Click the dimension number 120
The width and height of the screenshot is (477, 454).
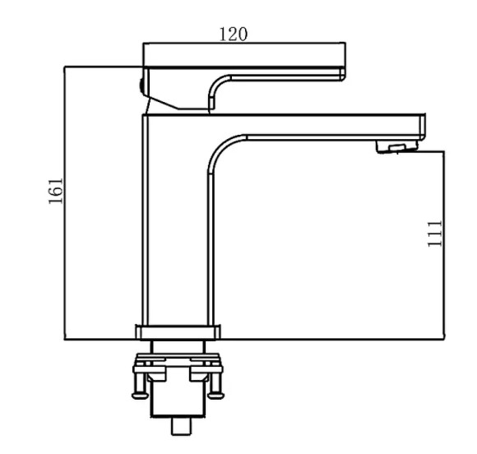[x=234, y=34]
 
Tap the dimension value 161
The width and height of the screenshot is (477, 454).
[x=56, y=191]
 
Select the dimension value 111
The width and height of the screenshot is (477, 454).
[x=435, y=234]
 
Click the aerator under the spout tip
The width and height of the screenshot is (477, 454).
[x=396, y=146]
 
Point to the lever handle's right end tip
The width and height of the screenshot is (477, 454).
[x=344, y=74]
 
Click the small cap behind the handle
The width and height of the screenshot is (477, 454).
[x=141, y=86]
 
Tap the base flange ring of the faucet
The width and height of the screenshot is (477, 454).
[x=178, y=332]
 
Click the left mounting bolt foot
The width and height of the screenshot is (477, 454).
[x=140, y=396]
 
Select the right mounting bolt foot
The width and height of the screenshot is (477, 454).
[x=215, y=396]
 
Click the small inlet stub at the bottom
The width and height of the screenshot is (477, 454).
[x=182, y=426]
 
